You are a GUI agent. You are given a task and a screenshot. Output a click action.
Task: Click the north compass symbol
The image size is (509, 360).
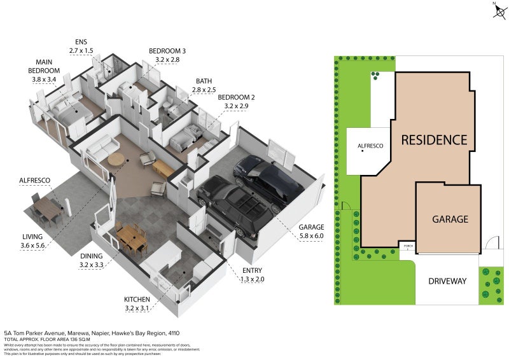[496, 8]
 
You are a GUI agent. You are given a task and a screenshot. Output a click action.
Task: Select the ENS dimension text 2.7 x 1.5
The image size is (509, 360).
[80, 50]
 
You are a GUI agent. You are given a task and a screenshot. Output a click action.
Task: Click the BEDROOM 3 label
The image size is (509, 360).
[167, 51]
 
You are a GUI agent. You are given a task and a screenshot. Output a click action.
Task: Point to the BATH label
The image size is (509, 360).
[204, 81]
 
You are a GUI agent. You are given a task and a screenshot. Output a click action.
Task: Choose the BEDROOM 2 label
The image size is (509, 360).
[236, 97]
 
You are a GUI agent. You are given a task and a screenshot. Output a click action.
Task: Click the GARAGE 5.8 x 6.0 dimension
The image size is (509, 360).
[311, 235]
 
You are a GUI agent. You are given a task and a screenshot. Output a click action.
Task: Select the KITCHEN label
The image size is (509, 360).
[137, 299]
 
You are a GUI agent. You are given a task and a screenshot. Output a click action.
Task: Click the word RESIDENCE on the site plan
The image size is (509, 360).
[434, 140]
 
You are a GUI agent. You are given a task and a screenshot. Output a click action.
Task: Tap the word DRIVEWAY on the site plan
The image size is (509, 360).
[447, 281]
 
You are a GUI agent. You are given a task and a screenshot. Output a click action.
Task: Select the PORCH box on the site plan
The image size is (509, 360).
[407, 246]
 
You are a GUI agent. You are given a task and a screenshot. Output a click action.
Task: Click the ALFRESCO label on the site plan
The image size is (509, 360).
[370, 146]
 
